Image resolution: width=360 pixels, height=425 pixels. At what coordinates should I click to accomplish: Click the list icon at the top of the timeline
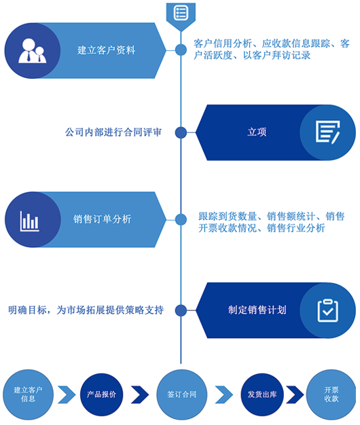pyautogui.click(x=181, y=13)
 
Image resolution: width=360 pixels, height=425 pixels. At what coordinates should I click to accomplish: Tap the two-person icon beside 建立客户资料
pyautogui.click(x=32, y=51)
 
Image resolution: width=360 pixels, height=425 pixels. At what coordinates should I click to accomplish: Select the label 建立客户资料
pyautogui.click(x=106, y=50)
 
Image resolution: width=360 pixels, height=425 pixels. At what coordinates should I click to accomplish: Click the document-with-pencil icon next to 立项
pyautogui.click(x=328, y=132)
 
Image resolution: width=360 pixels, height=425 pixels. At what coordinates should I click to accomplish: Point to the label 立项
pyautogui.click(x=257, y=132)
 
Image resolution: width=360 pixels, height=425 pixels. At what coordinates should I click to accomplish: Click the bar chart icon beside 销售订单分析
pyautogui.click(x=30, y=221)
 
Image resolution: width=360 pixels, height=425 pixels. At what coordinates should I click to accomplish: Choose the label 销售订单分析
pyautogui.click(x=102, y=219)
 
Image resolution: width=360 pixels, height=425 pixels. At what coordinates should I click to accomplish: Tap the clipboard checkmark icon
pyautogui.click(x=328, y=311)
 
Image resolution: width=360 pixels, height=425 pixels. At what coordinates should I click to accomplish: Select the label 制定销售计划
pyautogui.click(x=257, y=310)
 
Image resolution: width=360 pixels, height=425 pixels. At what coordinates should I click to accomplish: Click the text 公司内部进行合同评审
pyautogui.click(x=113, y=132)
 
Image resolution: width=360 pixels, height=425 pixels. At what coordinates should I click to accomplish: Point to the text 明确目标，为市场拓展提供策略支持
pyautogui.click(x=86, y=310)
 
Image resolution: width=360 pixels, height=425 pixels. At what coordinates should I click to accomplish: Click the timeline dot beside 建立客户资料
pyautogui.click(x=181, y=50)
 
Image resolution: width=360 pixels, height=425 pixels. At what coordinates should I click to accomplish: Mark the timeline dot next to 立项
pyautogui.click(x=181, y=132)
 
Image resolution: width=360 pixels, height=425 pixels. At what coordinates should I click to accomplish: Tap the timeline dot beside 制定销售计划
pyautogui.click(x=181, y=311)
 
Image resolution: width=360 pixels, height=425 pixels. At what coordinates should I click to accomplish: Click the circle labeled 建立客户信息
pyautogui.click(x=29, y=394)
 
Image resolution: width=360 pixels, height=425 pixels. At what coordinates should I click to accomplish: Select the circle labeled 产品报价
pyautogui.click(x=101, y=394)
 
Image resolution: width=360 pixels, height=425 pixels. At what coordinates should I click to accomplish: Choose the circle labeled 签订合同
pyautogui.click(x=182, y=394)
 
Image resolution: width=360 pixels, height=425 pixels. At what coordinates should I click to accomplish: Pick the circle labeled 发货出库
pyautogui.click(x=262, y=394)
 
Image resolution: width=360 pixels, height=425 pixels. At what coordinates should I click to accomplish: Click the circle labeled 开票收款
pyautogui.click(x=331, y=394)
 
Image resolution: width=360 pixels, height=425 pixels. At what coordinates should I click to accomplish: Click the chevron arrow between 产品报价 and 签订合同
pyautogui.click(x=140, y=394)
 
